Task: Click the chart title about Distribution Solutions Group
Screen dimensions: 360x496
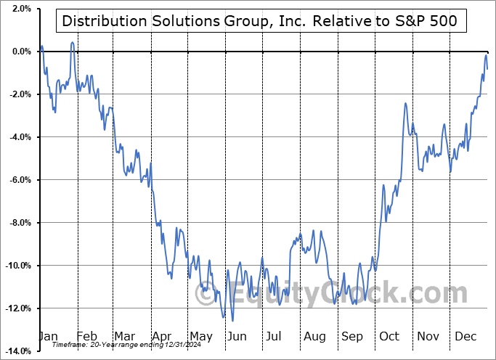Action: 260,21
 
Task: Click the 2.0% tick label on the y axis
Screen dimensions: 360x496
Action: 20,9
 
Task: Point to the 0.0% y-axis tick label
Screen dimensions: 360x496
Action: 20,52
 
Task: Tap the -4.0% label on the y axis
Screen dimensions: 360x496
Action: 19,137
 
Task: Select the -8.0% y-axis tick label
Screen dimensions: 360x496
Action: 19,223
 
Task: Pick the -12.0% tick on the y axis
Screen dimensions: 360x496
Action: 17,308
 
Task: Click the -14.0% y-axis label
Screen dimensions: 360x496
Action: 17,351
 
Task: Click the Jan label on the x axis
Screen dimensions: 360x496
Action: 48,336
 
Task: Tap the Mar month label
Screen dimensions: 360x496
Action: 125,336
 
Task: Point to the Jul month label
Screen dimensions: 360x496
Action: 275,336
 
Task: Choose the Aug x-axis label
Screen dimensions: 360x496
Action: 314,336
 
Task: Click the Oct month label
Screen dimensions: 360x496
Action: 389,336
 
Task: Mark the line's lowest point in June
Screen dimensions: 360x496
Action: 232,320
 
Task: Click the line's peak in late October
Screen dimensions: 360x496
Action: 405,104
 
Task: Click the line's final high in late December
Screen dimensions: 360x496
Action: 486,55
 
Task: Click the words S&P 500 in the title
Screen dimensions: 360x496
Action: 427,21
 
